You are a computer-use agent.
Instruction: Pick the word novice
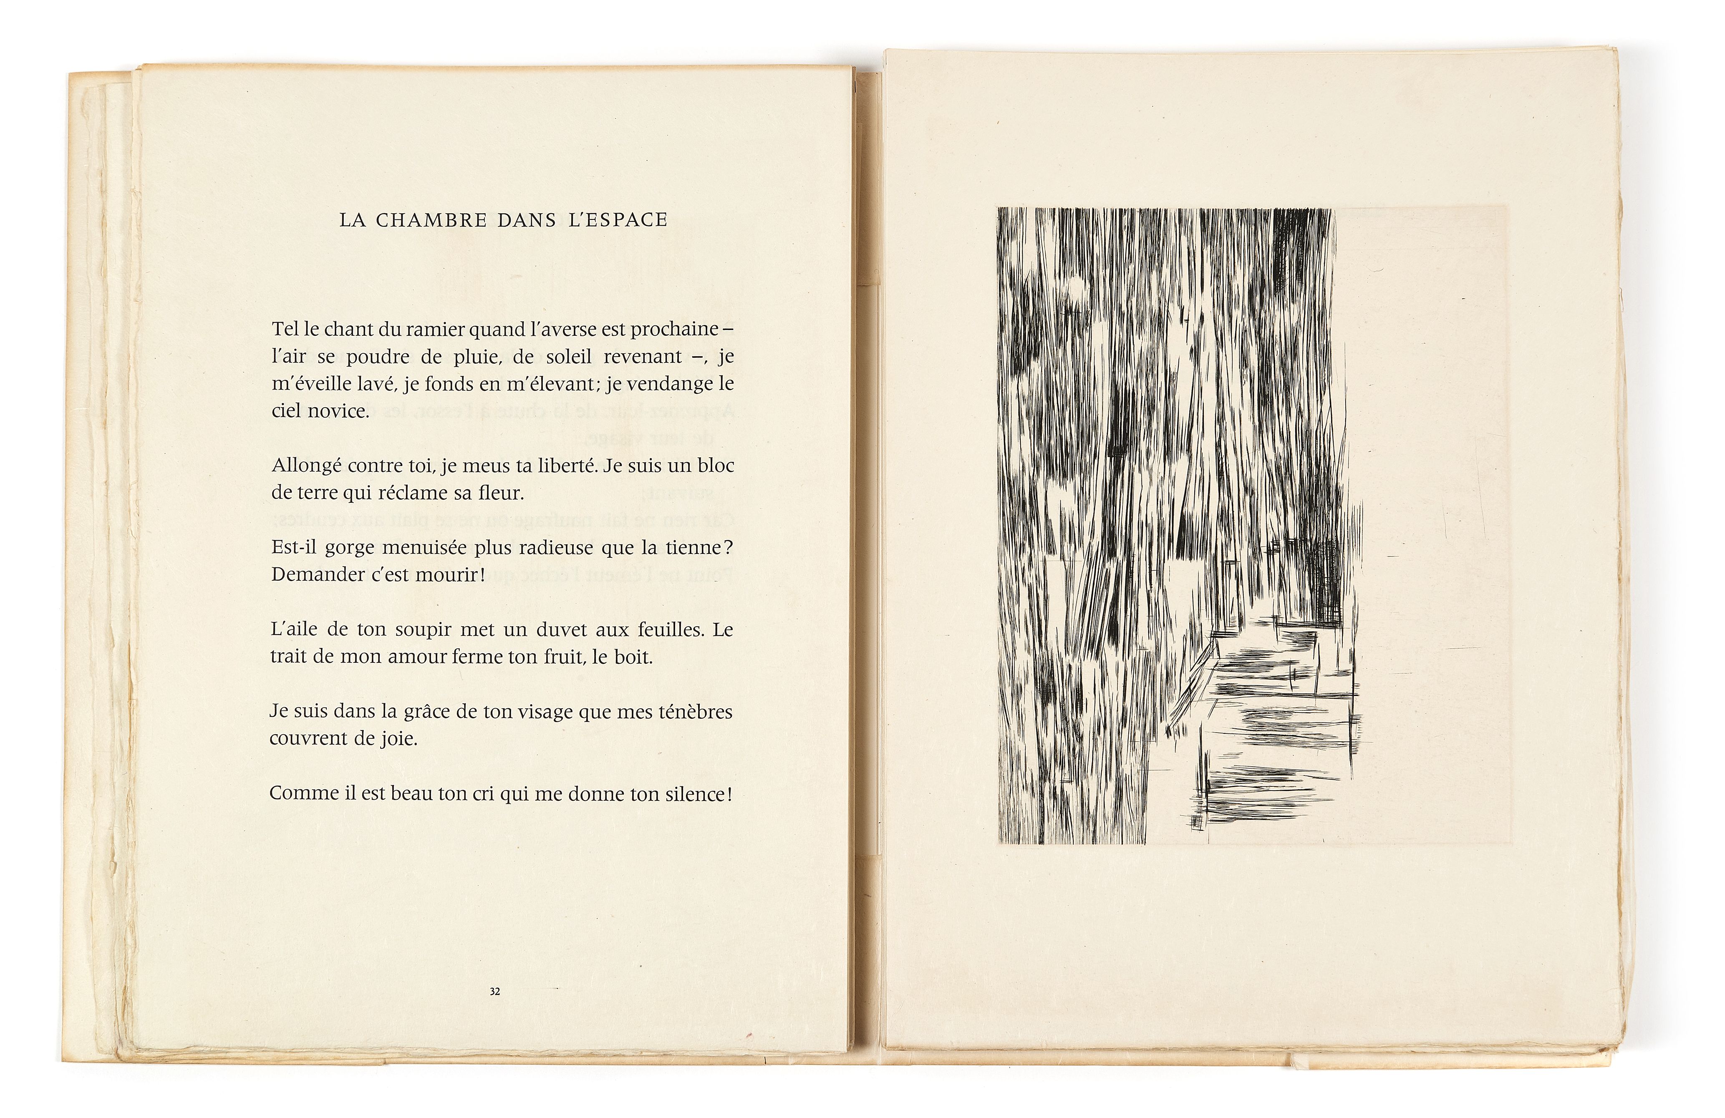339,411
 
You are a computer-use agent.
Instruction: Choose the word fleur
497,494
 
